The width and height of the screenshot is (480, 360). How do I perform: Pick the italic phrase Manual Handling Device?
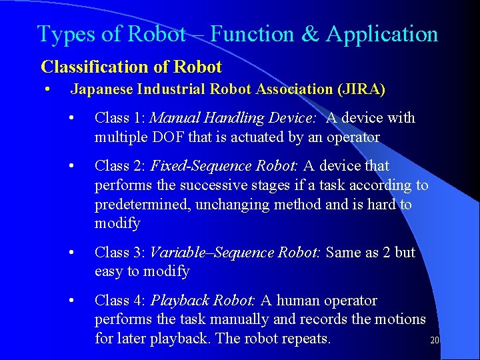(x=233, y=119)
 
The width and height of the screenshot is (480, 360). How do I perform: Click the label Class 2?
(x=121, y=166)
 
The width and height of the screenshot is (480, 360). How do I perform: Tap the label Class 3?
(x=121, y=253)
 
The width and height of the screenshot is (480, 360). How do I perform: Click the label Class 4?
(x=121, y=301)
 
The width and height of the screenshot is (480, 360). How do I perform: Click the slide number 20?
(x=434, y=341)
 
